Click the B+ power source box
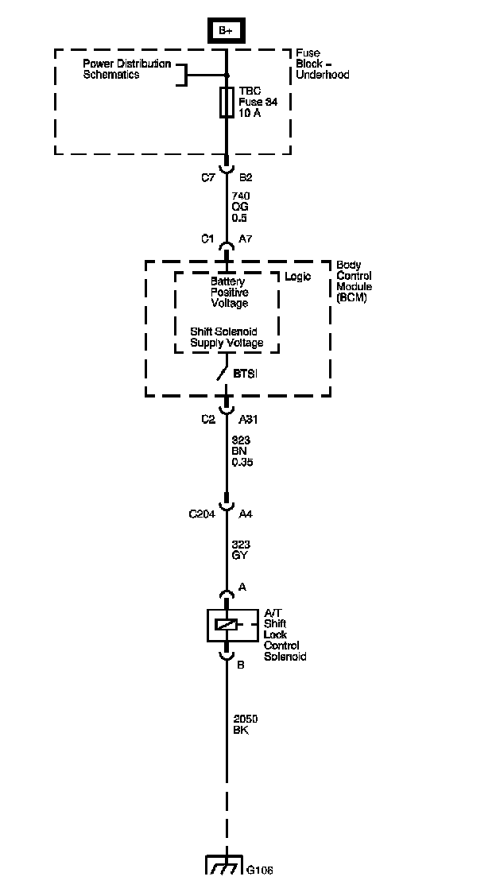(226, 31)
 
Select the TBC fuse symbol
(227, 103)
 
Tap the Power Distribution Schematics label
(126, 69)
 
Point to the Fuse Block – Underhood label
(322, 64)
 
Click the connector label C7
(208, 177)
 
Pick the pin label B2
(245, 177)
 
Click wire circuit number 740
(241, 196)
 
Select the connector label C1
(207, 239)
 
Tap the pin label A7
(245, 239)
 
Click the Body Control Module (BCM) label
(354, 281)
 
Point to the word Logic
(297, 277)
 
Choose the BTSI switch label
(245, 374)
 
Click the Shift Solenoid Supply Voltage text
(227, 337)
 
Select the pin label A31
(249, 420)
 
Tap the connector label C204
(202, 514)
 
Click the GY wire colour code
(239, 555)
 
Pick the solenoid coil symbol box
(227, 625)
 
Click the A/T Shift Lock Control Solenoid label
(285, 635)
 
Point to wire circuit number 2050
(245, 719)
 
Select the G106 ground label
(259, 871)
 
